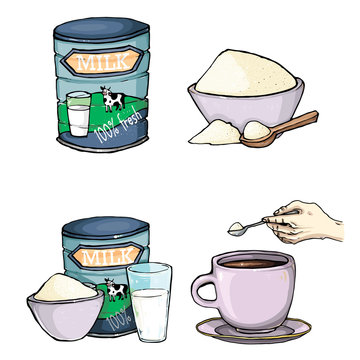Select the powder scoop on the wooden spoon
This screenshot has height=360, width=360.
[257, 129]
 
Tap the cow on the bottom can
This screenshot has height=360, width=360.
[119, 290]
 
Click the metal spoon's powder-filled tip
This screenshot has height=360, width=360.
[236, 229]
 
